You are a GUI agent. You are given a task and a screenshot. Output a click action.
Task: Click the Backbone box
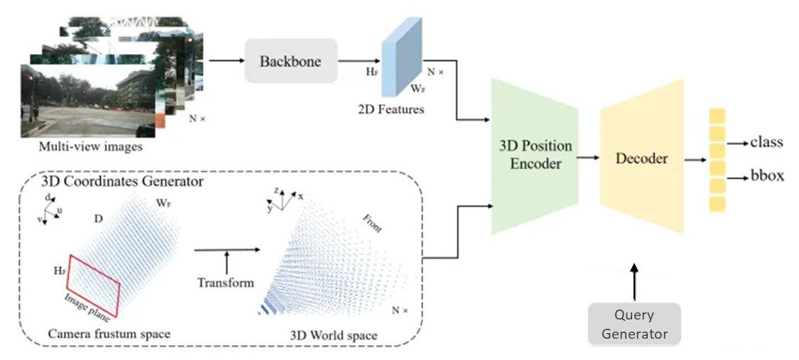tap(290, 60)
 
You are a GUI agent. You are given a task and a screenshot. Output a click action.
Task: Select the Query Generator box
tap(634, 324)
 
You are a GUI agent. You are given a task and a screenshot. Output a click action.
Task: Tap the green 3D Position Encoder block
tap(535, 156)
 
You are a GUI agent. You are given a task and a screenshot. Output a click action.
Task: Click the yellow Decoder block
tap(642, 158)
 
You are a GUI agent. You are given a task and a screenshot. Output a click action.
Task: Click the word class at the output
tap(766, 142)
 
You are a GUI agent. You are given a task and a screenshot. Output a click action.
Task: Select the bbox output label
tap(767, 175)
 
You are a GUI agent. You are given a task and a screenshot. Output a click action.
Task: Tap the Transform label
tap(227, 283)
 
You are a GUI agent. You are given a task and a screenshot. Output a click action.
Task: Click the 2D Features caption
tap(391, 110)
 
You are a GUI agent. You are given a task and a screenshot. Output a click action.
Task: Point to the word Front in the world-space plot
tap(371, 223)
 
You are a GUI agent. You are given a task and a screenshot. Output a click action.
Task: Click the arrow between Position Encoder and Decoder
tap(588, 158)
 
